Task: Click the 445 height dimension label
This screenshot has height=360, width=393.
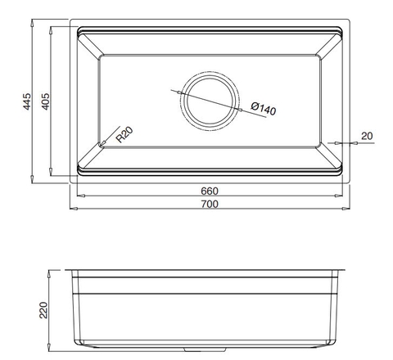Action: tap(27, 102)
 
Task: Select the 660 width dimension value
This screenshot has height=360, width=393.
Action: tap(210, 191)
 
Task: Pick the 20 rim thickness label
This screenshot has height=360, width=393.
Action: tap(365, 136)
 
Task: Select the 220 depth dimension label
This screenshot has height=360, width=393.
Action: tap(45, 309)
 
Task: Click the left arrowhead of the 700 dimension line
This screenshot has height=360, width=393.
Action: tap(71, 208)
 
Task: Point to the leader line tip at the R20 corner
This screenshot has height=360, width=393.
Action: tap(101, 145)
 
